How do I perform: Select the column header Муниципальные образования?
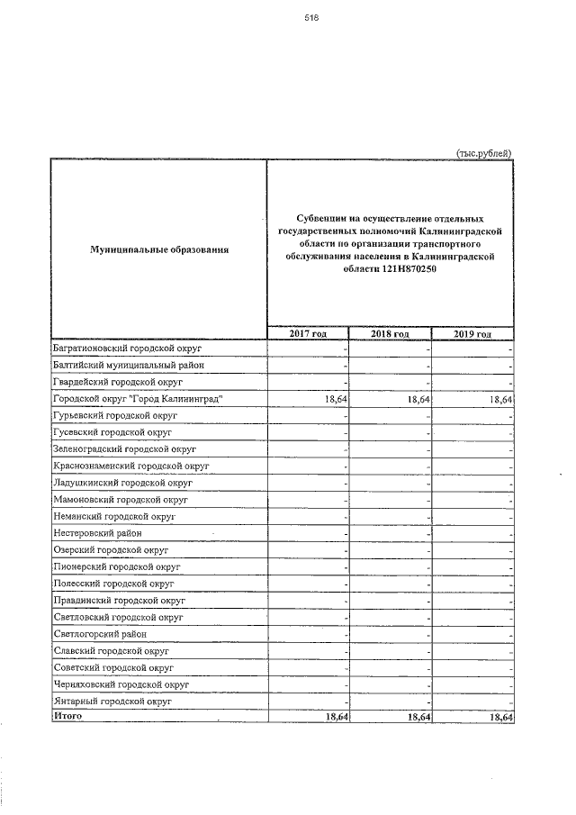tap(158, 248)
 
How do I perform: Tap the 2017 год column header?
tap(307, 334)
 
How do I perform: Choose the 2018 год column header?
tap(390, 334)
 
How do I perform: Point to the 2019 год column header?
tap(472, 334)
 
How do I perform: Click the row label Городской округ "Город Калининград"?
tap(137, 398)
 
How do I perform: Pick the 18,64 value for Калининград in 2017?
tap(334, 399)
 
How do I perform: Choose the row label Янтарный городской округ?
tap(112, 701)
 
